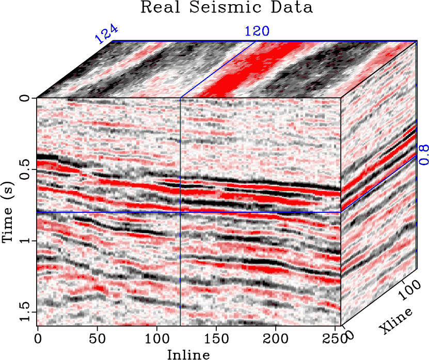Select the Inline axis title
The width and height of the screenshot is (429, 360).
[188, 354]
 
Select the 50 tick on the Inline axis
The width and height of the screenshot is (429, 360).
[97, 338]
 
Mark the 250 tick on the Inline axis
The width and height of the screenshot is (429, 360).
[336, 338]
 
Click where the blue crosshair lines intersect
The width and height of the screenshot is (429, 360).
[180, 212]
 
